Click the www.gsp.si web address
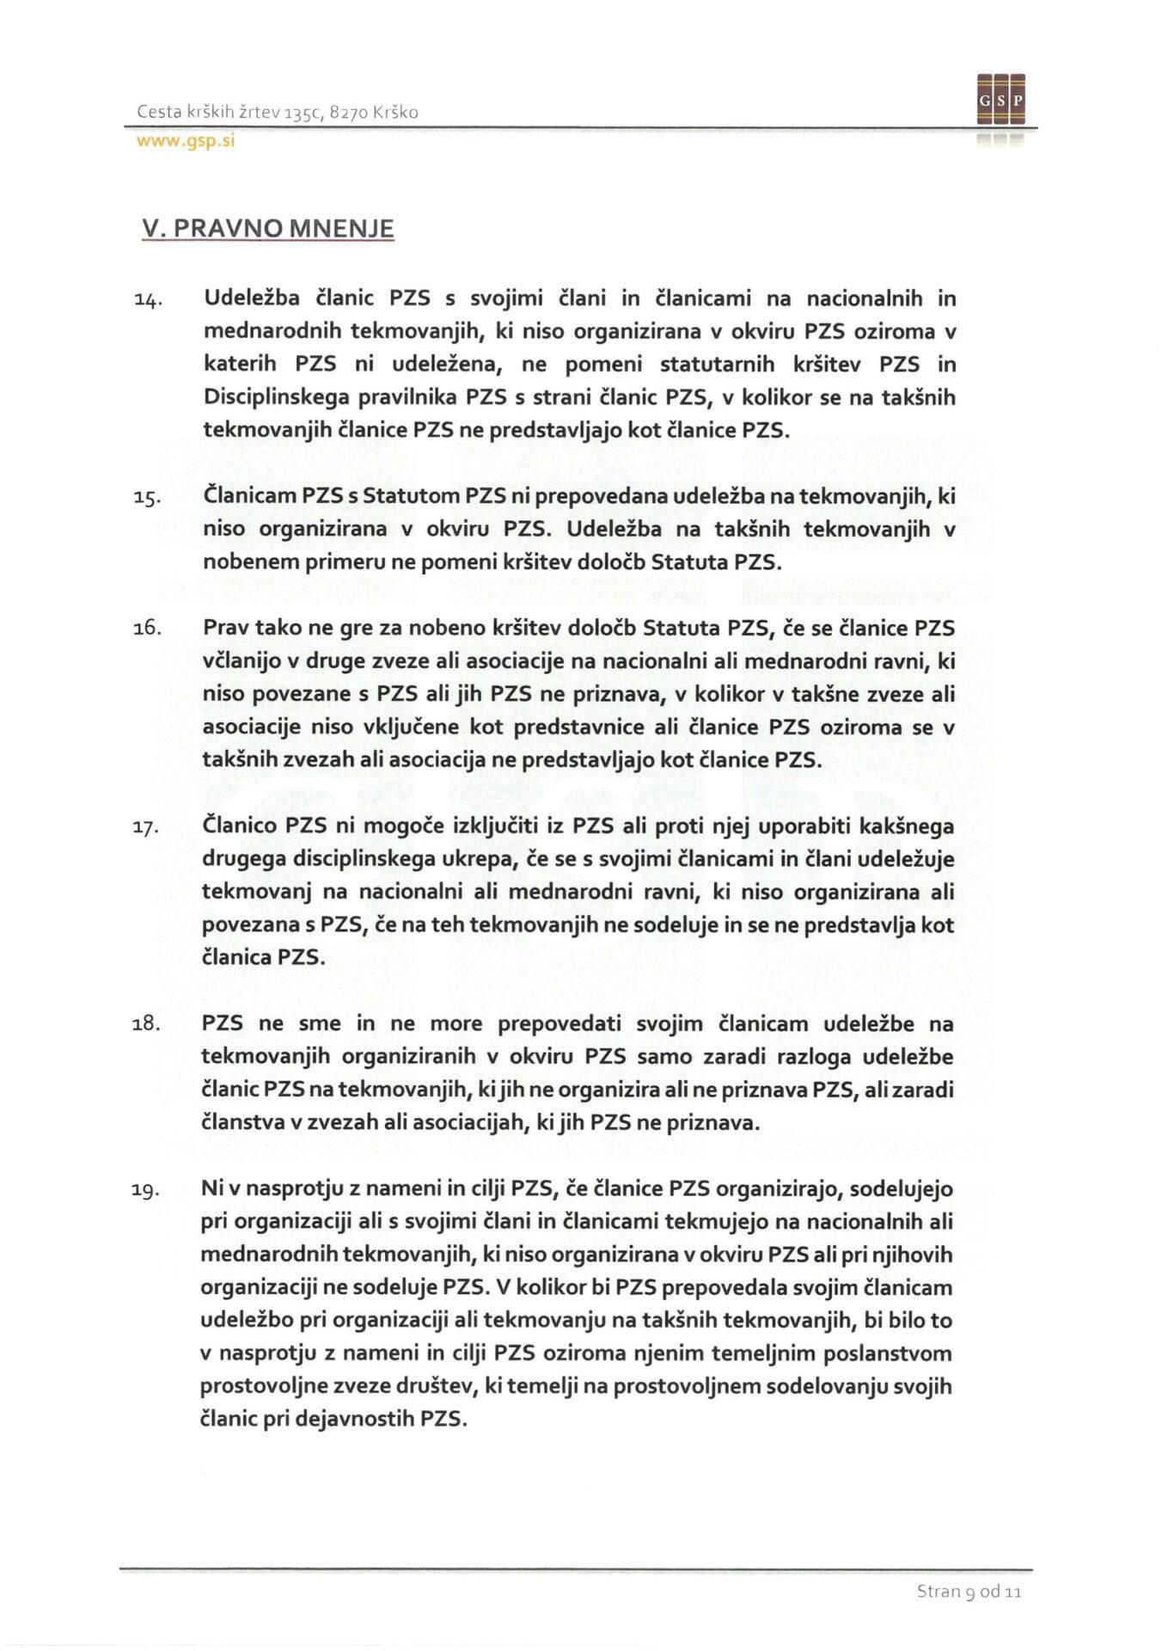(186, 142)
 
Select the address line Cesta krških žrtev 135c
(278, 113)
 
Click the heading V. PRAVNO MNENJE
(266, 229)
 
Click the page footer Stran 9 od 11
(969, 1592)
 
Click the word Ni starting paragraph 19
(211, 1189)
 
